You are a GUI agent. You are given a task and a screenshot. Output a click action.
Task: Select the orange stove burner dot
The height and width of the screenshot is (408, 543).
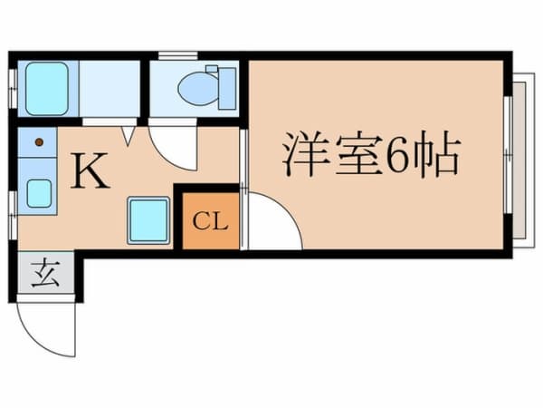[39, 141]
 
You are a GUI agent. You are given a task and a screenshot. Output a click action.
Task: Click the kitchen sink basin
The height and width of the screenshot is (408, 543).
[39, 193]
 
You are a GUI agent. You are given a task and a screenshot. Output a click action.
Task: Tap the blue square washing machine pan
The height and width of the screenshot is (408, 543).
[149, 219]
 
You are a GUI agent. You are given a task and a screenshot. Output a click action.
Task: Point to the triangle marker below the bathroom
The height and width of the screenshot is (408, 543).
[129, 136]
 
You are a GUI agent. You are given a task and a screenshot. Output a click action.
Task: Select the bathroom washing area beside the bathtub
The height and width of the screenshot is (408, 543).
[110, 88]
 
